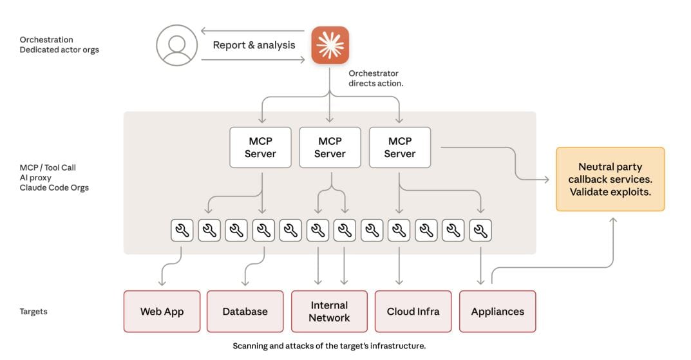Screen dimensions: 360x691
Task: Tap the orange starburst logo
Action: coord(330,45)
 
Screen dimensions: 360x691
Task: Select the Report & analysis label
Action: coord(254,45)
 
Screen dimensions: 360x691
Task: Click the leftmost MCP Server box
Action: coord(260,147)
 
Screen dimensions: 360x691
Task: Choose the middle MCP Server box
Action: coord(330,147)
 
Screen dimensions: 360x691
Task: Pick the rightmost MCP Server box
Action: coord(400,147)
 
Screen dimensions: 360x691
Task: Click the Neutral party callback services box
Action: coord(610,179)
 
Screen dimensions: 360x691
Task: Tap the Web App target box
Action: coord(162,312)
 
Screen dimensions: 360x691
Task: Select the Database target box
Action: coord(245,312)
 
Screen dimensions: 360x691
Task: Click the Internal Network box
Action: coord(329,312)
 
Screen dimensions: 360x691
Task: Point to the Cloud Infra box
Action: coord(413,312)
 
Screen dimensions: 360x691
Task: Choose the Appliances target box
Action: coord(497,312)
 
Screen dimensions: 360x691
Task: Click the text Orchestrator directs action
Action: coord(376,79)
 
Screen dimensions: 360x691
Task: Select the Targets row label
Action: coord(33,312)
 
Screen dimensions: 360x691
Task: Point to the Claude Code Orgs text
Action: coord(54,188)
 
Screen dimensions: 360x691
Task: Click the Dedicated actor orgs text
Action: coord(59,50)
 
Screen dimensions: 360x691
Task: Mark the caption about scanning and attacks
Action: coord(329,346)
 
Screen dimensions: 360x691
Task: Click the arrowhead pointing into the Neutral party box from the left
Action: coord(547,178)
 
